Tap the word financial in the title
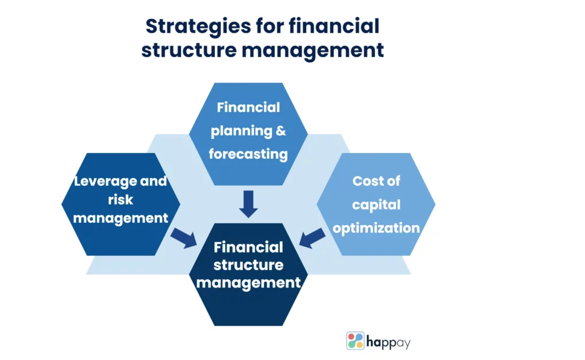pyautogui.click(x=334, y=26)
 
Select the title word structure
pyautogui.click(x=189, y=50)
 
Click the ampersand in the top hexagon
pyautogui.click(x=281, y=130)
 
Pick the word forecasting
pyautogui.click(x=248, y=154)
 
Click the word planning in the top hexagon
pyautogui.click(x=242, y=131)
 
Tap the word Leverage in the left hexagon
pyautogui.click(x=105, y=182)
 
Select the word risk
pyautogui.click(x=120, y=199)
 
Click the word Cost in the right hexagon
pyautogui.click(x=365, y=181)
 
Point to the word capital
pyautogui.click(x=376, y=205)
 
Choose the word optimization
pyautogui.click(x=376, y=228)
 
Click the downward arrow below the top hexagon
pyautogui.click(x=249, y=204)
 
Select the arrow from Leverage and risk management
pyautogui.click(x=184, y=238)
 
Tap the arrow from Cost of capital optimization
pyautogui.click(x=312, y=238)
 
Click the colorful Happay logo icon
pyautogui.click(x=355, y=341)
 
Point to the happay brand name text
pyautogui.click(x=388, y=342)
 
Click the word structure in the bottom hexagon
pyautogui.click(x=249, y=265)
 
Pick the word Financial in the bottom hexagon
pyautogui.click(x=249, y=247)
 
